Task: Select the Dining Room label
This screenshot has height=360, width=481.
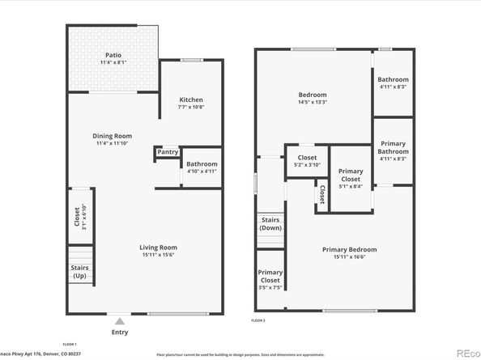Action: click(x=113, y=136)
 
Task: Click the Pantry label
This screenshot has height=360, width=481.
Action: click(x=167, y=151)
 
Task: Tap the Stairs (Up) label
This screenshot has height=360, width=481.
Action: click(x=79, y=271)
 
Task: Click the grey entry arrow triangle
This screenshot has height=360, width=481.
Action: click(x=120, y=321)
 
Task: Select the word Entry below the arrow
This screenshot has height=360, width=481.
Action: click(x=120, y=332)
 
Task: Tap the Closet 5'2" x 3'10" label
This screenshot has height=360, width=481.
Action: click(x=307, y=161)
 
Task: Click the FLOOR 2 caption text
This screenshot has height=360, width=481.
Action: click(x=258, y=321)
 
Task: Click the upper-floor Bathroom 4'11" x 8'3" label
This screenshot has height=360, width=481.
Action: click(x=393, y=83)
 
